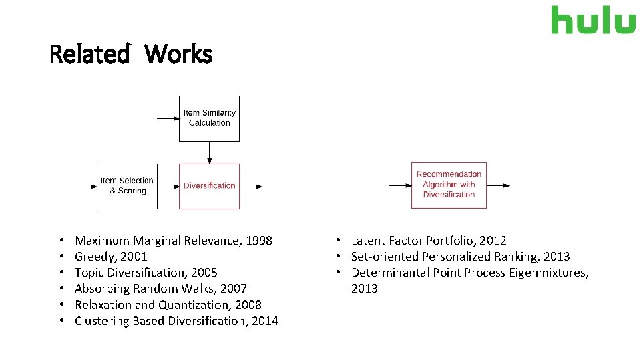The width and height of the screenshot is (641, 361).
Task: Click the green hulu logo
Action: (x=593, y=20)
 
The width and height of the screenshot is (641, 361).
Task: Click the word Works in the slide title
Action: (x=178, y=54)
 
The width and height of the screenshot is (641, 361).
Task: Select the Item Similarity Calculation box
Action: (x=209, y=118)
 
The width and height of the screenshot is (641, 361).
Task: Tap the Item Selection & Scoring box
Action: (x=127, y=186)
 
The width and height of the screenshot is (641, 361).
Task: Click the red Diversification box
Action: (x=209, y=186)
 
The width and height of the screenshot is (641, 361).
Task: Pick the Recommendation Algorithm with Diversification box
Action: (x=449, y=185)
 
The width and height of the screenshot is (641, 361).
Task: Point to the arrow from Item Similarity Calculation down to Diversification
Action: (x=210, y=152)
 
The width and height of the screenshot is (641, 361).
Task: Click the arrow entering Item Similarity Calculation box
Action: (x=168, y=118)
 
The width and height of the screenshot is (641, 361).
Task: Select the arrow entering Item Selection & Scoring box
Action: (x=85, y=187)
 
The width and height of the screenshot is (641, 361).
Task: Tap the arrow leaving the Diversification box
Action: (x=251, y=187)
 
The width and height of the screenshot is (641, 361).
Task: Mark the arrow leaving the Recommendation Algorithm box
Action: (x=498, y=185)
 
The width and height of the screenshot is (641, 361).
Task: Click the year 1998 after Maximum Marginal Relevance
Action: (x=259, y=241)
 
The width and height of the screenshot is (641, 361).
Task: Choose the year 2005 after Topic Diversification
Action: (x=204, y=273)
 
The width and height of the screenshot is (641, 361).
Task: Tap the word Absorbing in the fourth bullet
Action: (x=101, y=289)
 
